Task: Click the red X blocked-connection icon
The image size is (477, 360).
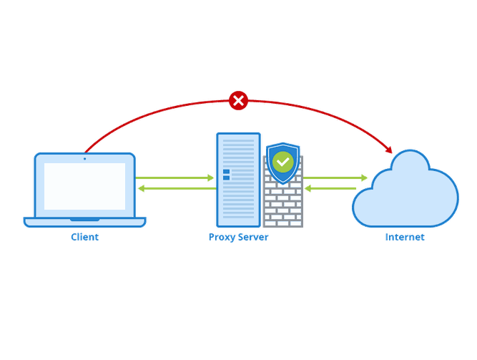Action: [239, 101]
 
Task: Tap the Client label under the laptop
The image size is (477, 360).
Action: [85, 237]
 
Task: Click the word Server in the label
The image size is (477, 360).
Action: [254, 237]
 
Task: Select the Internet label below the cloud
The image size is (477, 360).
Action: [405, 237]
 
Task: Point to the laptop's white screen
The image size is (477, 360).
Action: [84, 185]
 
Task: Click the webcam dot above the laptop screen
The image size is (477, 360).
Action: [84, 158]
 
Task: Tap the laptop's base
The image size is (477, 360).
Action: [84, 222]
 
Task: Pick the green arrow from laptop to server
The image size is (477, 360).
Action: [175, 177]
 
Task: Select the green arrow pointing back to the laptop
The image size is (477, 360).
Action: [175, 189]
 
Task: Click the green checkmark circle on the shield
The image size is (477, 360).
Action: [283, 162]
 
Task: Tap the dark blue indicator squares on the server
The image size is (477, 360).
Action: [227, 175]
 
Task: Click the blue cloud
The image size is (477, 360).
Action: [405, 190]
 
